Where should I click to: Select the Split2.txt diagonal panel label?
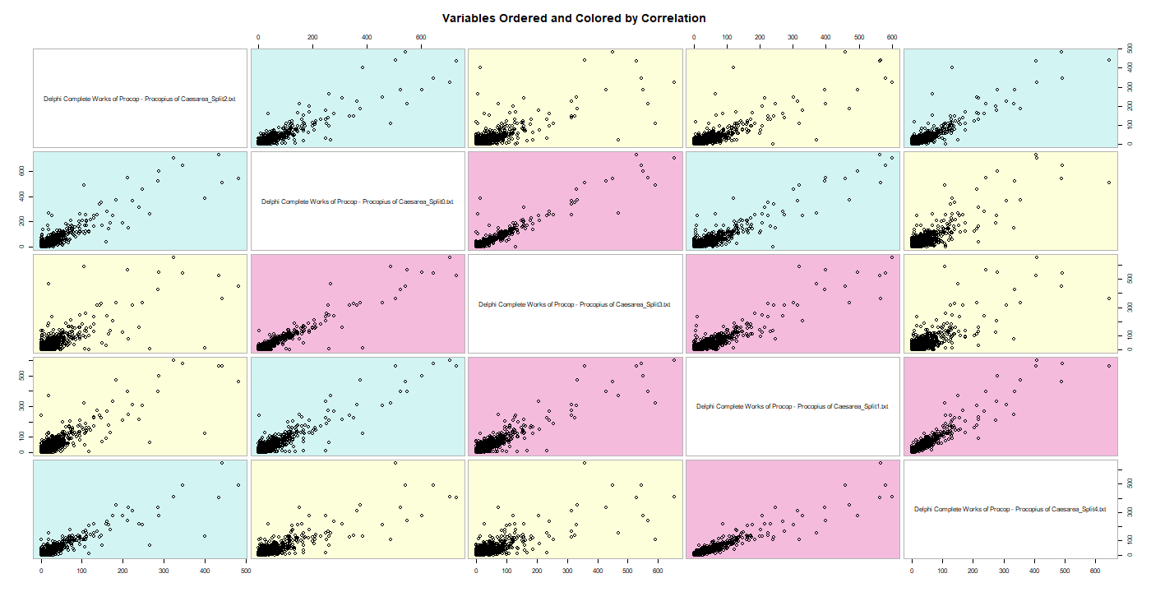click(140, 99)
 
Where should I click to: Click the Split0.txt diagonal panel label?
click(358, 201)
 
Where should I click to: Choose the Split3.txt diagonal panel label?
click(575, 304)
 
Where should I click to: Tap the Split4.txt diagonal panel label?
click(1010, 509)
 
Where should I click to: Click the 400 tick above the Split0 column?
click(367, 38)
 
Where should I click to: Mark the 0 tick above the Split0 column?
click(258, 38)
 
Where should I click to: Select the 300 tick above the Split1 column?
click(793, 38)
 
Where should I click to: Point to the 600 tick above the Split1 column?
click(891, 38)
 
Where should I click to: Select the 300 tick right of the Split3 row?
click(1130, 306)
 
